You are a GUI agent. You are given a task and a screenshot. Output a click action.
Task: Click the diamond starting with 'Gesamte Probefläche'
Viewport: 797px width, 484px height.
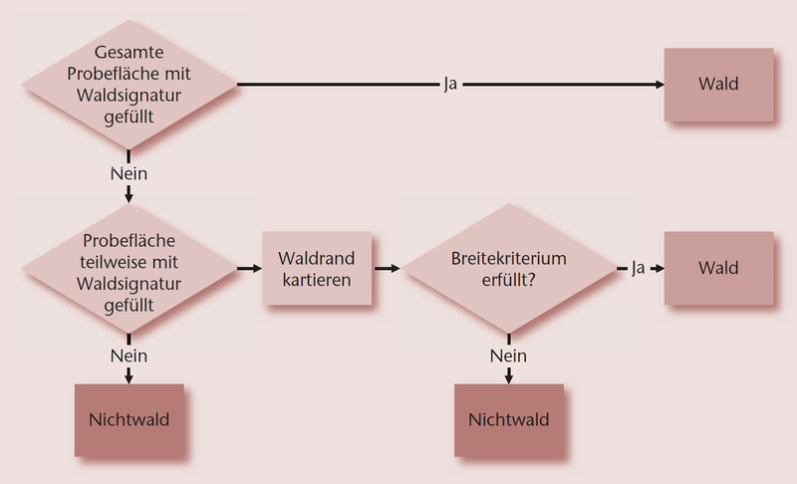pyautogui.click(x=129, y=85)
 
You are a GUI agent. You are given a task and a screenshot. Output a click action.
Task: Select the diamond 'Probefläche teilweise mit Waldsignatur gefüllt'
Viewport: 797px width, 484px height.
pyautogui.click(x=129, y=268)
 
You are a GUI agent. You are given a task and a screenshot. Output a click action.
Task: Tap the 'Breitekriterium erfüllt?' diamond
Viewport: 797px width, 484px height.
pyautogui.click(x=509, y=268)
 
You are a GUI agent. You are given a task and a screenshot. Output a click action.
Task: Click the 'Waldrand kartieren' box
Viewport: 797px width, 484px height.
pyautogui.click(x=317, y=269)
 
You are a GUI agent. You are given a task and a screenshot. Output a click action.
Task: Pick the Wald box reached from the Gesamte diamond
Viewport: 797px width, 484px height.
pyautogui.click(x=718, y=85)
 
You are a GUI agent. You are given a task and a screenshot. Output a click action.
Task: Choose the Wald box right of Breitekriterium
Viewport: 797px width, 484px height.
pyautogui.click(x=718, y=268)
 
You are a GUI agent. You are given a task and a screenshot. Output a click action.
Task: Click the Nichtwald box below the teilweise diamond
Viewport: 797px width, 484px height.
pyautogui.click(x=129, y=419)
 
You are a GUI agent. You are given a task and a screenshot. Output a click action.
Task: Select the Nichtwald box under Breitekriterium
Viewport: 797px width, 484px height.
pyautogui.click(x=508, y=419)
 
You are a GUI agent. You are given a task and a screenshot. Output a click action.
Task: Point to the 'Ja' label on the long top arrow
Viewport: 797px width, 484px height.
pyautogui.click(x=450, y=85)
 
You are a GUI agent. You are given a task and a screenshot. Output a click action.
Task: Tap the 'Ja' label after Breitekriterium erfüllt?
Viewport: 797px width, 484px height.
pyautogui.click(x=639, y=268)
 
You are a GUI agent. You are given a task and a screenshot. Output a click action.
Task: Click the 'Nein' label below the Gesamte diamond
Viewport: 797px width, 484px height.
pyautogui.click(x=129, y=173)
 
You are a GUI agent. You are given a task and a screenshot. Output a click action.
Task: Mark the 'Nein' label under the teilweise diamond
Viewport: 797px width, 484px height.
pyautogui.click(x=129, y=356)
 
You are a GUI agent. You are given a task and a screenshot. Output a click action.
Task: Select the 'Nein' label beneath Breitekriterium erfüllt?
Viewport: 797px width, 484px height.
pyautogui.click(x=508, y=356)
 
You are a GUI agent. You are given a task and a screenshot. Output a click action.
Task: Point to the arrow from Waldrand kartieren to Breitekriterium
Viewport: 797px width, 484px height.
pyautogui.click(x=388, y=269)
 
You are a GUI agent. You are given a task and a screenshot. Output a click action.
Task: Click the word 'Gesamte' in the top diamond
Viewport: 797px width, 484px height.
pyautogui.click(x=129, y=53)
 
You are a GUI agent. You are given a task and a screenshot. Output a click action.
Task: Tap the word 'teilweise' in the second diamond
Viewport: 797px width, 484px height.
pyautogui.click(x=129, y=264)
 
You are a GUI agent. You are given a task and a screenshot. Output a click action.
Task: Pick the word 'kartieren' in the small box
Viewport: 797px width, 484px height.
pyautogui.click(x=317, y=280)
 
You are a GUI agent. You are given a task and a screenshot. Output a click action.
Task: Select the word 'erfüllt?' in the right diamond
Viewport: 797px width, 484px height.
pyautogui.click(x=509, y=280)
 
